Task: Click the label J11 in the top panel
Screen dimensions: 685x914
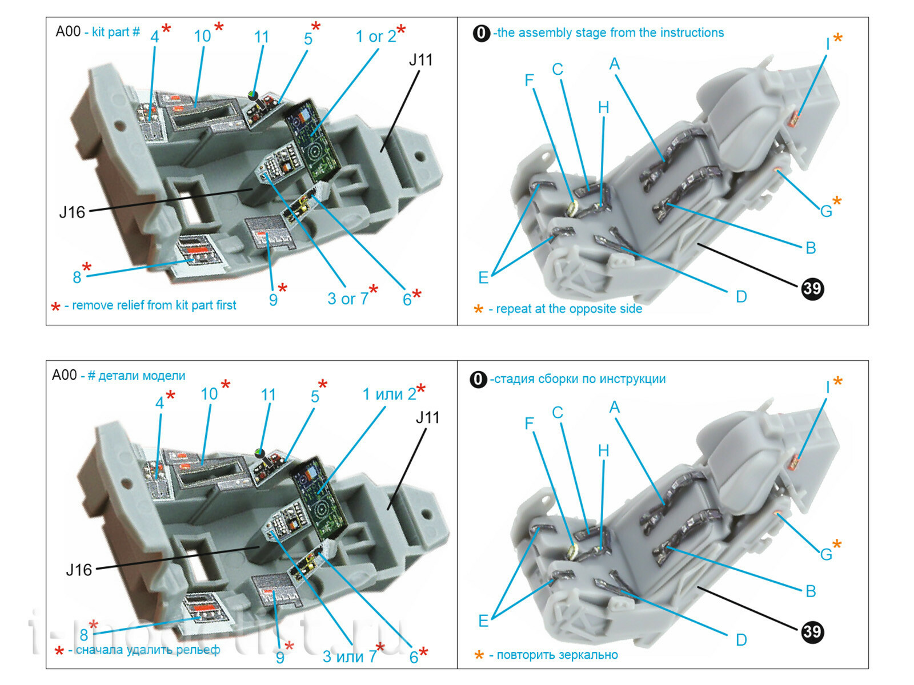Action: click(420, 60)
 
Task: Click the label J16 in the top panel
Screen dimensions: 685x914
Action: click(72, 212)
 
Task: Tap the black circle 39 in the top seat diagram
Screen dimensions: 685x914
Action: click(812, 288)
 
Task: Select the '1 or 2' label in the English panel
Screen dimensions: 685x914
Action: click(375, 37)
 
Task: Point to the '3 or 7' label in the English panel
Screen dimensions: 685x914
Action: click(348, 299)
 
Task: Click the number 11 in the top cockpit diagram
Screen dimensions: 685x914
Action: click(261, 37)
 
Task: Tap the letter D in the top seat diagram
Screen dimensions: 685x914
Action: click(741, 297)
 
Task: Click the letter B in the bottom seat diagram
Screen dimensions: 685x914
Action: click(810, 591)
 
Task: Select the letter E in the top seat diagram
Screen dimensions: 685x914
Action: click(483, 278)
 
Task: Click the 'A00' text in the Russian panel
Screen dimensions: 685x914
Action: click(64, 375)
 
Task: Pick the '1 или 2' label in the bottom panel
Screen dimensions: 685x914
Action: click(389, 394)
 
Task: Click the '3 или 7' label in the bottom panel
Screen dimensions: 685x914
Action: click(350, 657)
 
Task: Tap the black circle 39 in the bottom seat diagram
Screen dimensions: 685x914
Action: click(812, 631)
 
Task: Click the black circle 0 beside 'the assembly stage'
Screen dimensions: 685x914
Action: click(481, 33)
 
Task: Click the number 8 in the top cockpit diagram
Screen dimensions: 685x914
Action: click(77, 277)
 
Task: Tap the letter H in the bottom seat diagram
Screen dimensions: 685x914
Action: click(603, 451)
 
